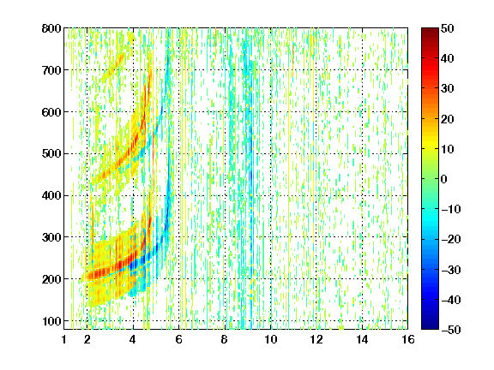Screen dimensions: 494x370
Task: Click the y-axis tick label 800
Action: pyautogui.click(x=51, y=28)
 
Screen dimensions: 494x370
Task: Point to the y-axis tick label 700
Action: pyautogui.click(x=51, y=70)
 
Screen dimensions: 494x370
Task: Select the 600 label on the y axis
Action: pyautogui.click(x=51, y=112)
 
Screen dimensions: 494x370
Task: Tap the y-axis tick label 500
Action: pyautogui.click(x=51, y=154)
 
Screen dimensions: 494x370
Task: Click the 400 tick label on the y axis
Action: pyautogui.click(x=51, y=195)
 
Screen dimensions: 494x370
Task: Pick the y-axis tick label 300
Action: pyautogui.click(x=51, y=237)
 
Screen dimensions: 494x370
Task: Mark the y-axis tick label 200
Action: pyautogui.click(x=51, y=279)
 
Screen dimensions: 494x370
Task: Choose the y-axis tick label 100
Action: pyautogui.click(x=51, y=321)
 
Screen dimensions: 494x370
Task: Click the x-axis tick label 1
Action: pyautogui.click(x=64, y=339)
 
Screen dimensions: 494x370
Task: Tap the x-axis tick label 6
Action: pyautogui.click(x=178, y=339)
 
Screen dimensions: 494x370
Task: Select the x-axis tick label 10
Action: pyautogui.click(x=271, y=339)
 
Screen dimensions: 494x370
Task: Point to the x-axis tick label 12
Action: pyautogui.click(x=316, y=339)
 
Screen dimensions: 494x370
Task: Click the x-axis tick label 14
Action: pyautogui.click(x=362, y=339)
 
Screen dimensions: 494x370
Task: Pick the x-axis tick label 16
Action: pyautogui.click(x=408, y=339)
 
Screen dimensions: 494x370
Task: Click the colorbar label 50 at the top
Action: pyautogui.click(x=448, y=28)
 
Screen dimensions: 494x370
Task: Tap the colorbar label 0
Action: pyautogui.click(x=444, y=179)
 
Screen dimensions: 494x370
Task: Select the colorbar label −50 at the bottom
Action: pyautogui.click(x=451, y=330)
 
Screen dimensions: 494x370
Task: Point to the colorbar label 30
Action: pyautogui.click(x=448, y=89)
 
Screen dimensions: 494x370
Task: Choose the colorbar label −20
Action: pyautogui.click(x=451, y=239)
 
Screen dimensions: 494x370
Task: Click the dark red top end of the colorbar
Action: pyautogui.click(x=430, y=30)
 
